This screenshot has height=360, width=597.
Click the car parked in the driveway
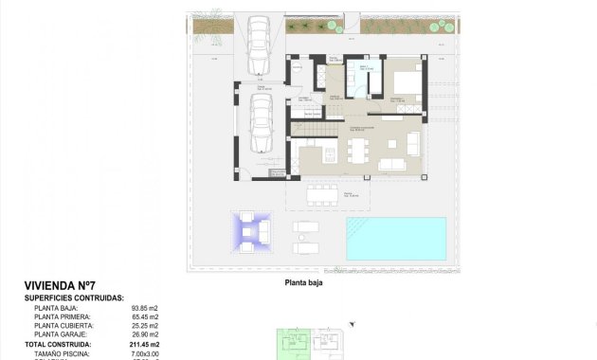point(257,45)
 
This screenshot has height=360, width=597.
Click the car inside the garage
point(261,123)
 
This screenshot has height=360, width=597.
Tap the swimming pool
point(395,238)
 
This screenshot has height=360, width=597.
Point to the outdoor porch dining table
point(323,195)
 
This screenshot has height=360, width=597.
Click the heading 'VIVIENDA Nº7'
point(60,286)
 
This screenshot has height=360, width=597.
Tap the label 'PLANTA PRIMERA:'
point(63,317)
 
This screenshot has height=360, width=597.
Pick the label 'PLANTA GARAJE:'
point(61,334)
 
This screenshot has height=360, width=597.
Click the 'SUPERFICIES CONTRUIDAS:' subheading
point(74,297)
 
